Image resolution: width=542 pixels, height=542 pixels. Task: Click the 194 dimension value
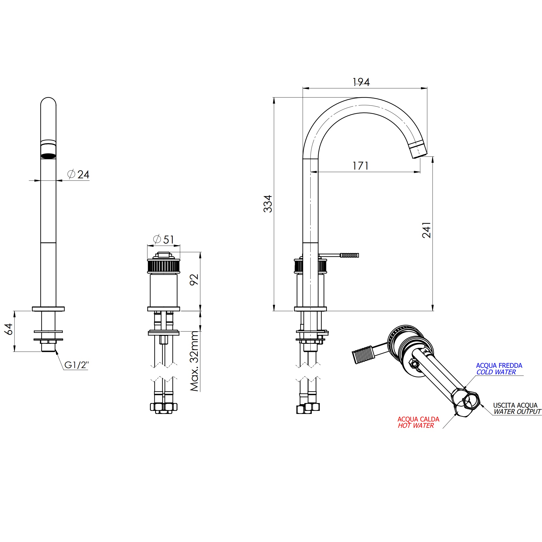[x=361, y=82]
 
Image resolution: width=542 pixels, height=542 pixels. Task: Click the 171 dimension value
[x=360, y=166]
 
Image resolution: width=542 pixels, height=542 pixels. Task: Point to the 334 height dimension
[x=268, y=204]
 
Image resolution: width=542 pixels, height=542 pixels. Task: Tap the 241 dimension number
[x=426, y=230]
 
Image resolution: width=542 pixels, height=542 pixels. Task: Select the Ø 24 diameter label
[x=79, y=174]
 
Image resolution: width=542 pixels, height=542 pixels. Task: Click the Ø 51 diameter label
[x=164, y=240]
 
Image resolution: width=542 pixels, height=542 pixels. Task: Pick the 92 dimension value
[x=194, y=280]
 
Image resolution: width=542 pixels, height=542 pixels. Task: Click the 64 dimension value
[x=9, y=329]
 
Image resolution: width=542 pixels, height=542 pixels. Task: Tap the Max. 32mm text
[x=194, y=361]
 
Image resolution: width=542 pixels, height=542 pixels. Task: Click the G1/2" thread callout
[x=76, y=365]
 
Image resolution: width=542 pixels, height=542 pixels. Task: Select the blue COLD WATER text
[x=496, y=372]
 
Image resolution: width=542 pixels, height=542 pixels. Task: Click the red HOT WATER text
[x=416, y=426]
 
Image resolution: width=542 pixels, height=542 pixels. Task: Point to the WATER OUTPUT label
[x=517, y=412]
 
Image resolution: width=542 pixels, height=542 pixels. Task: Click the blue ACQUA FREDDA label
[x=499, y=366]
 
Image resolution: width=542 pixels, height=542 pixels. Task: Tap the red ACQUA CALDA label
[x=418, y=419]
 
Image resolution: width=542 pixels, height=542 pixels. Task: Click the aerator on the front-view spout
[x=48, y=155]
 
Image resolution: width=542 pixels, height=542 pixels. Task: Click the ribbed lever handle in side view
[x=349, y=255]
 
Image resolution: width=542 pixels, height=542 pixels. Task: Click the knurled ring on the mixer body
[x=164, y=266]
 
